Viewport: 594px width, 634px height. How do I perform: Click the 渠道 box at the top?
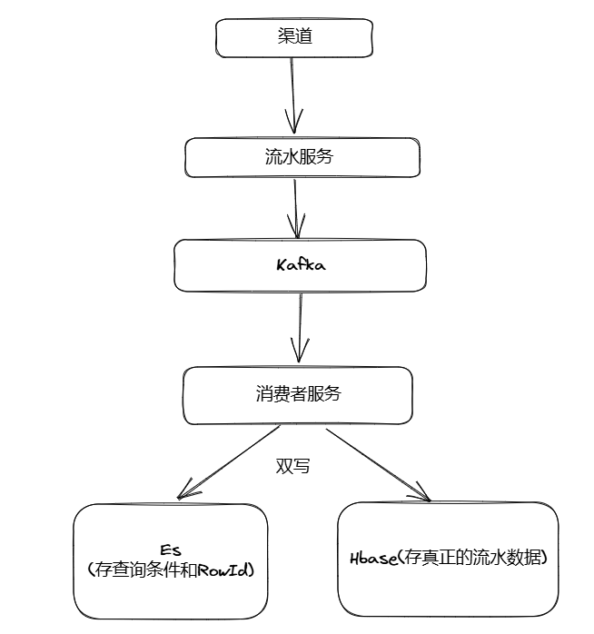[294, 37]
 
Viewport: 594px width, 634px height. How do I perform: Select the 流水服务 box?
[302, 157]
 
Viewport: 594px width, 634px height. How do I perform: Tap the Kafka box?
[300, 265]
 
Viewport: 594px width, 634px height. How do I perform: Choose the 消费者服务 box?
[298, 395]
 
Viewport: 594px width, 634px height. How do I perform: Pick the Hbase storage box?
[448, 559]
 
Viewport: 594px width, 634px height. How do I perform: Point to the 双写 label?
[292, 466]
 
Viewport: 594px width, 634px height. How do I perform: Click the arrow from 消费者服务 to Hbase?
[376, 462]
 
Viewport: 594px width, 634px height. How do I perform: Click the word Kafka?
[300, 265]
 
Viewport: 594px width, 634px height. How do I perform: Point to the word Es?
[171, 550]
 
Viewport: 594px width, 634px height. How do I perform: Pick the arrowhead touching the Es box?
[186, 493]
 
